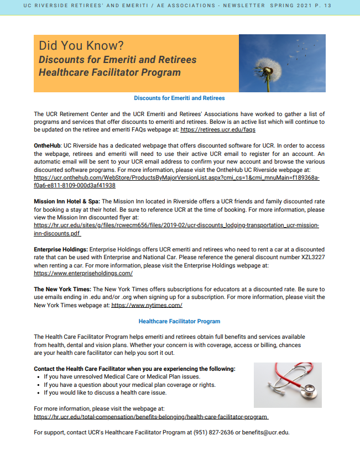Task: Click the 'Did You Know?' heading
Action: coord(81,45)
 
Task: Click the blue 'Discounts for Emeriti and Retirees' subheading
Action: coord(179,98)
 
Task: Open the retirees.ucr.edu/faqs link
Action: coord(218,129)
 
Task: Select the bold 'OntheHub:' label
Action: coord(48,145)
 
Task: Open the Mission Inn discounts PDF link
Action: coord(176,226)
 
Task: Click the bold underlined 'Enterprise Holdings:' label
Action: coord(60,250)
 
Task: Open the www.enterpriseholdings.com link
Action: coord(83,273)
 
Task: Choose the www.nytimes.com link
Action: coord(147,305)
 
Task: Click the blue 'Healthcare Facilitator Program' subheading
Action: coord(179,321)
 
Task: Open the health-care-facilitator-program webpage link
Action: coord(151,417)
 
